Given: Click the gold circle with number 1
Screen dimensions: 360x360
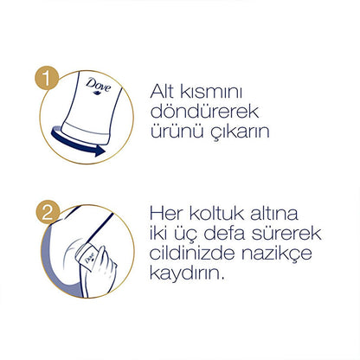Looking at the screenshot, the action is [47, 77].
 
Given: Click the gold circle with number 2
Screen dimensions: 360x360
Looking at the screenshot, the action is [48, 212].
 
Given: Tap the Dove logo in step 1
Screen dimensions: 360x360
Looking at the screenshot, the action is [98, 86].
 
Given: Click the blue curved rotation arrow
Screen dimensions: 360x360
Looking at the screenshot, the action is [75, 143].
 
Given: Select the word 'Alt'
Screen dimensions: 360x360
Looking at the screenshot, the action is [162, 91].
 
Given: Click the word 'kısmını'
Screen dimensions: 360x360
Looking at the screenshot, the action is [211, 93].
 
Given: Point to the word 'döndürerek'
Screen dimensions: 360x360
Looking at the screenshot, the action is [204, 111].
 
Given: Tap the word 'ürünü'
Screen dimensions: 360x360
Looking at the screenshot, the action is [176, 132].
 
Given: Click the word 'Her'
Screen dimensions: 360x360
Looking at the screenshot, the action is [166, 214].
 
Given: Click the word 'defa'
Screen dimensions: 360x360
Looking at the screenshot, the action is [224, 233].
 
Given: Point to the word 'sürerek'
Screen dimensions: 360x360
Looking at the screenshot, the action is [286, 233].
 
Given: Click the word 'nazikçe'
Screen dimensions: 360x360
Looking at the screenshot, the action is [277, 254].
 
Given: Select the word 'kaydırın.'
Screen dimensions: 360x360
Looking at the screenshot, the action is [187, 273].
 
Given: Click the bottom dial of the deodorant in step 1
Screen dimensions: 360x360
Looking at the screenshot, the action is [86, 133].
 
